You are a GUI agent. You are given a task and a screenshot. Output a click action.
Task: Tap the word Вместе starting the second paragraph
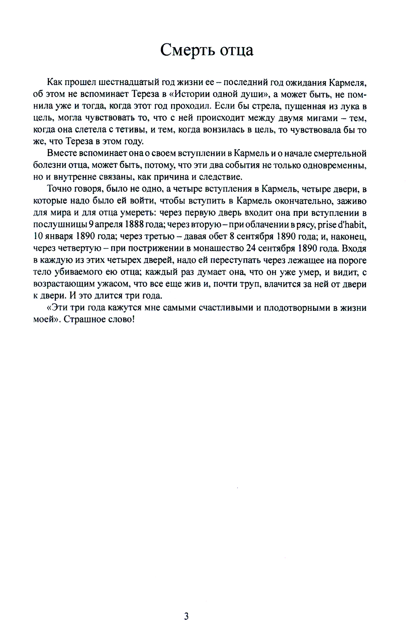tap(61, 154)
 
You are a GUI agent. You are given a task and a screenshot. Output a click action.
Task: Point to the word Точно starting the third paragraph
tap(60, 189)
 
